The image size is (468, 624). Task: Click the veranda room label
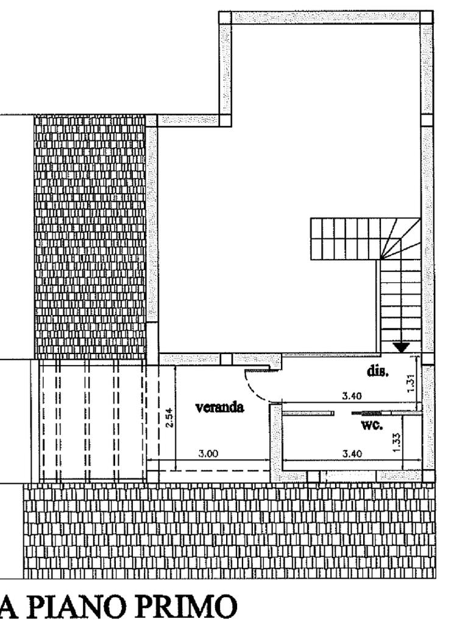pos(219,407)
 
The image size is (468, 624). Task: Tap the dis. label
pos(378,371)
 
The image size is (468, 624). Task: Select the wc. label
pos(372,425)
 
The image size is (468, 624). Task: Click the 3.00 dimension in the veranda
pos(209,453)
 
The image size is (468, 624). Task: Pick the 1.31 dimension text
pos(411,382)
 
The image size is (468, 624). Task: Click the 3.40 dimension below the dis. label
pos(352,395)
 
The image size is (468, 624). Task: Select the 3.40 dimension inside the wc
pos(353,453)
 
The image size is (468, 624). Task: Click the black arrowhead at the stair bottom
pos(401,347)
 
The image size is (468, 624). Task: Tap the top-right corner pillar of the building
pos(427,17)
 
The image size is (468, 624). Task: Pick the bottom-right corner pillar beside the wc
pos(429,477)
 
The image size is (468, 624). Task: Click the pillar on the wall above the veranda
pos(226,360)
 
